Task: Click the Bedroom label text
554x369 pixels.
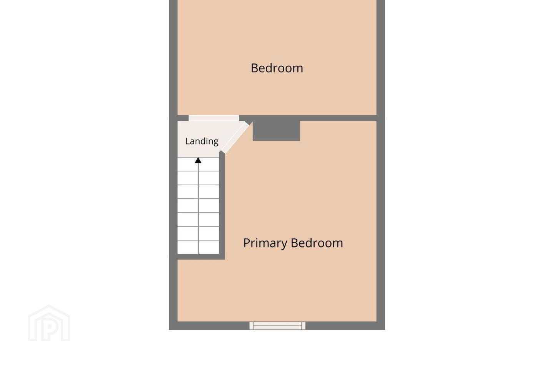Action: pos(277,68)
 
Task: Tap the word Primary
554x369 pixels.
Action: pos(265,243)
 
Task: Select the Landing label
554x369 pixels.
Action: pos(202,141)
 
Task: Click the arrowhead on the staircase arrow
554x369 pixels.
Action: pos(198,160)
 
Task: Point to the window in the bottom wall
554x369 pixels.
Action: pos(277,326)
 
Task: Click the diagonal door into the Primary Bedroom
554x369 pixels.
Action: pos(235,138)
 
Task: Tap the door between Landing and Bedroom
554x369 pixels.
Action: pos(214,118)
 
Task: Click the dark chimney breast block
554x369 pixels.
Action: pos(276,131)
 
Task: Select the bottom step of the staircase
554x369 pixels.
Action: pos(198,247)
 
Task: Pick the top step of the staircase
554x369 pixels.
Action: pos(198,164)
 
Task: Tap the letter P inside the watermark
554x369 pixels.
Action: pos(50,328)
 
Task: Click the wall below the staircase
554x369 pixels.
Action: pos(201,256)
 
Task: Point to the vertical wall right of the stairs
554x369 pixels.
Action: pos(222,205)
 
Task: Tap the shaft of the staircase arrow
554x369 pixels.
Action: pos(198,208)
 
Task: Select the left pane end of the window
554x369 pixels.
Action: pos(251,326)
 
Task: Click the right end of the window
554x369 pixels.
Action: pos(304,326)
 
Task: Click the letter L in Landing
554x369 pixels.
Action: pos(187,141)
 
